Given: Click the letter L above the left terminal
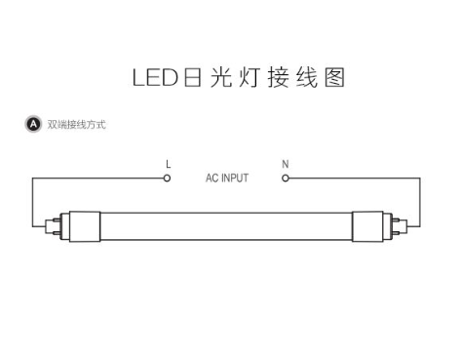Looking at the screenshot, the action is point(168,164).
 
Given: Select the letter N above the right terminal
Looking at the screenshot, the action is point(285,164).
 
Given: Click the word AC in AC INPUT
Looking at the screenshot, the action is point(212,179).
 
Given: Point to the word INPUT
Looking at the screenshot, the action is point(236,179).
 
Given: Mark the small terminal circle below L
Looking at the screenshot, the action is point(167,179).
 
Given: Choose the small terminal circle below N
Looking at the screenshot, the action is point(285,179).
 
